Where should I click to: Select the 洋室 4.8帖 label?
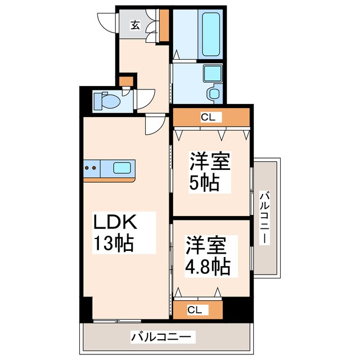tap(209, 256)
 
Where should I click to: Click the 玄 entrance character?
tap(136, 24)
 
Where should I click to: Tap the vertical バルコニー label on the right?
tap(264, 217)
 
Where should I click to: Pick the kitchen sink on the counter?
tap(123, 167)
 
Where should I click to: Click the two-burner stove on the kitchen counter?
tap(92, 166)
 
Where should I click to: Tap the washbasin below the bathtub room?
tap(212, 73)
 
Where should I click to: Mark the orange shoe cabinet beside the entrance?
tap(164, 26)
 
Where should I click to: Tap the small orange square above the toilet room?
tap(127, 80)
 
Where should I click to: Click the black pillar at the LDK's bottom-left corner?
tap(86, 309)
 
